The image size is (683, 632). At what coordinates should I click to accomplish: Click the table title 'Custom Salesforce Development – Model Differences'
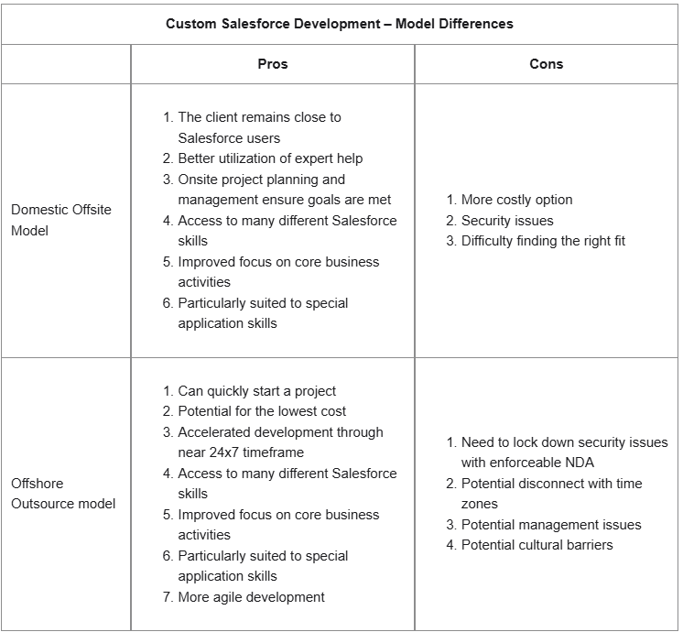point(340,24)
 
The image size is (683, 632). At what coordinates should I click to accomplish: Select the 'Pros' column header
point(273,64)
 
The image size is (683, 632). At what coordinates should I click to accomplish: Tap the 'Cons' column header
point(547,64)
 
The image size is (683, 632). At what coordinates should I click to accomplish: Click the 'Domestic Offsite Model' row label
point(61,220)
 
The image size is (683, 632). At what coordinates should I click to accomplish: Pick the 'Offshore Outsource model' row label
point(63,494)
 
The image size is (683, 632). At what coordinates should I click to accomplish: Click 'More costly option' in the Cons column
point(516,200)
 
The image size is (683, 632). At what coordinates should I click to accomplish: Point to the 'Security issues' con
point(506,221)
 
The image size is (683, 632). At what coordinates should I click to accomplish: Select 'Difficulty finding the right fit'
point(543,241)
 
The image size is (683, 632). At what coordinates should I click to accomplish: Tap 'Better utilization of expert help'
point(270,158)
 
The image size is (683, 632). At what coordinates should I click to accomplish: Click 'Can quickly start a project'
point(256,391)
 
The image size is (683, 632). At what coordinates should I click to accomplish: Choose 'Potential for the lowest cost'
point(262,411)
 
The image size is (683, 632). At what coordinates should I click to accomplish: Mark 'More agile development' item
point(251,597)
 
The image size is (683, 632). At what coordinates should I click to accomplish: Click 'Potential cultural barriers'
point(537,545)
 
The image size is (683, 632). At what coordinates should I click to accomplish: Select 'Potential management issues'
point(551,525)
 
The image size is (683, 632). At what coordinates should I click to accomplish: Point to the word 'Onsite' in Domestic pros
point(198,180)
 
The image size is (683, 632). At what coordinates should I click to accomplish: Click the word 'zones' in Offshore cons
point(480,504)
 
